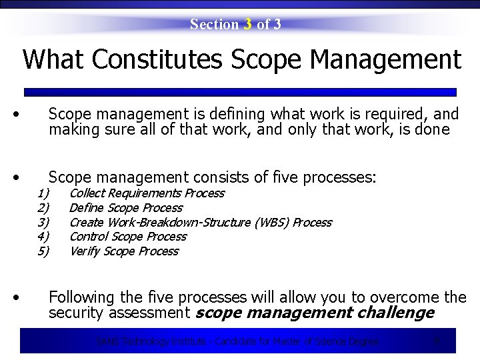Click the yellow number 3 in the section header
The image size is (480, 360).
pos(247,25)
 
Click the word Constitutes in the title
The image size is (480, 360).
pos(157,59)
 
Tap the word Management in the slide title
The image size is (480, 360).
pos(385,59)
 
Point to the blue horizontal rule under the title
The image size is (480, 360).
pos(240,92)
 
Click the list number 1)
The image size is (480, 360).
pos(44,193)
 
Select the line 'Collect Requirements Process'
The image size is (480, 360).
pos(147,193)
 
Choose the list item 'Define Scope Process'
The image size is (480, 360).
pos(125,208)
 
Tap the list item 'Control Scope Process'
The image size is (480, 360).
pos(127,237)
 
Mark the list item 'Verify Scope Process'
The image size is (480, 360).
pos(123,251)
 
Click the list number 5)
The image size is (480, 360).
pos(44,251)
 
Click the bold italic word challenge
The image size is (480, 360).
pos(395,313)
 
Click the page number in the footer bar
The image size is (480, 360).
pos(437,341)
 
